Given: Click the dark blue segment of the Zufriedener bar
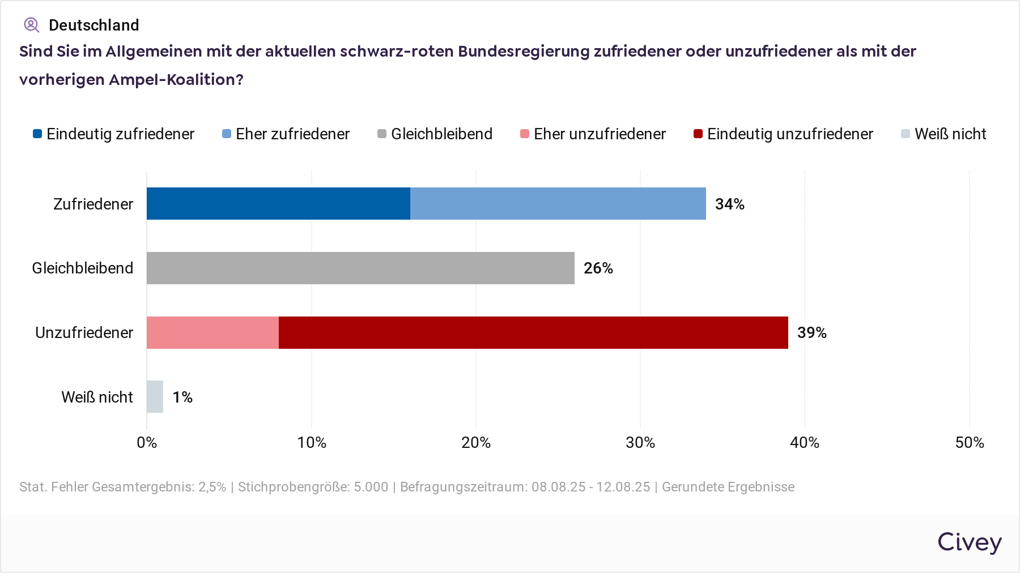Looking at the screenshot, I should click(278, 203).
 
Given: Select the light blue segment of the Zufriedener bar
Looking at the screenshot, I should click(558, 203).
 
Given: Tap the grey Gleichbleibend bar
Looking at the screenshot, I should click(360, 268).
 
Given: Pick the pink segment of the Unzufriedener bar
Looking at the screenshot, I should click(212, 332).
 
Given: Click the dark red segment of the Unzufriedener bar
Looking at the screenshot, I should click(533, 332).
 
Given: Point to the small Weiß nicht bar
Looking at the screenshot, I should click(155, 396).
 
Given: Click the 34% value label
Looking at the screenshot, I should click(730, 204).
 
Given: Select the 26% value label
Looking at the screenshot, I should click(598, 268).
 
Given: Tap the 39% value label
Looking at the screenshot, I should click(812, 333).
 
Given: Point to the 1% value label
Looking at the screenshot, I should click(182, 397).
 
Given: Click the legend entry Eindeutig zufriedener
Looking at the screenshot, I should click(114, 134).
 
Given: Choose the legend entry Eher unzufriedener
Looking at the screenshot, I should click(593, 134).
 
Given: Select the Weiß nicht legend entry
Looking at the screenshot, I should click(944, 134).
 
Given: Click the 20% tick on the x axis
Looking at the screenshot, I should click(476, 443).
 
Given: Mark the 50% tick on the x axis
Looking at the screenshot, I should click(970, 443).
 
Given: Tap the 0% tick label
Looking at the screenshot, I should click(147, 443).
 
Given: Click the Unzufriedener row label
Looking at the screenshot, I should click(84, 332).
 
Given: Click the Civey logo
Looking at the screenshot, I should click(970, 542).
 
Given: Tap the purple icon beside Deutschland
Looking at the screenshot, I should click(31, 25).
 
